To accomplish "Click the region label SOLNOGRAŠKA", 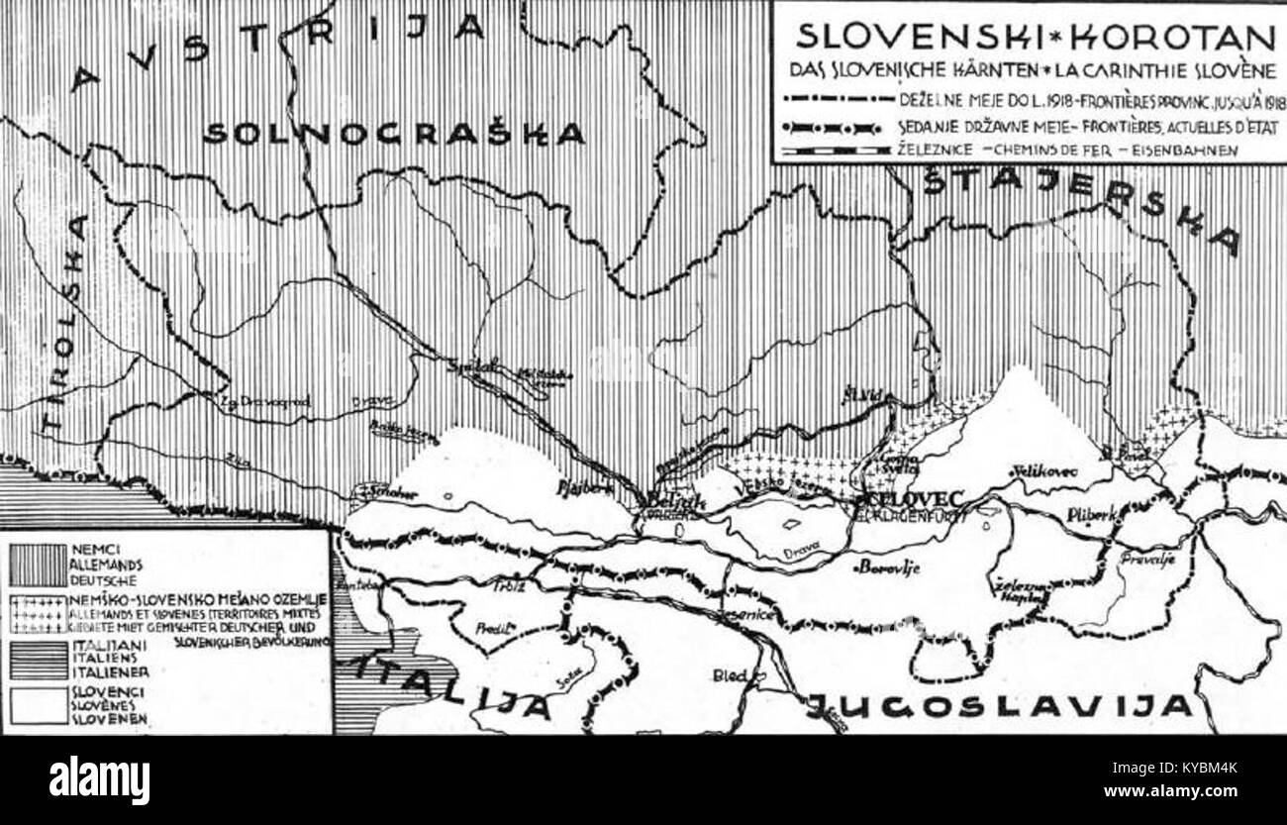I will tap(394, 134).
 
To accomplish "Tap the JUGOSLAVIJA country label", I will tap(998, 705).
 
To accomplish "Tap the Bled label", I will tap(731, 675).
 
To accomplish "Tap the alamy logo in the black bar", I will tap(99, 779).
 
